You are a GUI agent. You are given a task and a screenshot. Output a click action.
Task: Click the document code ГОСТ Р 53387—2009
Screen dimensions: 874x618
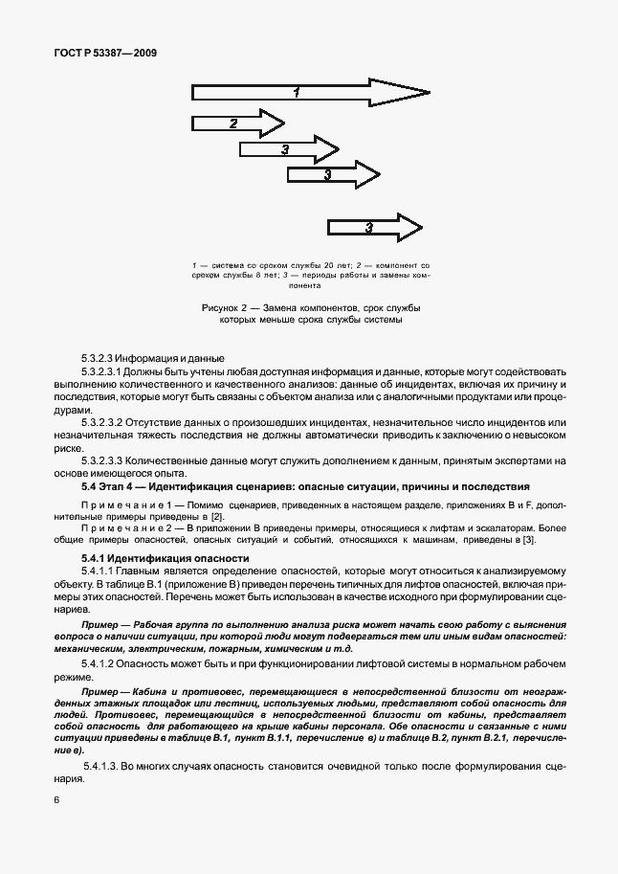(105, 54)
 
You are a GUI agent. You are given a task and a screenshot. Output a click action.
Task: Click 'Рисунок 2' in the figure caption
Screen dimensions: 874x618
(228, 308)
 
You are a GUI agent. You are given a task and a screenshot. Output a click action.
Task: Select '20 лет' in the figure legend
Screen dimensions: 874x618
(302, 262)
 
